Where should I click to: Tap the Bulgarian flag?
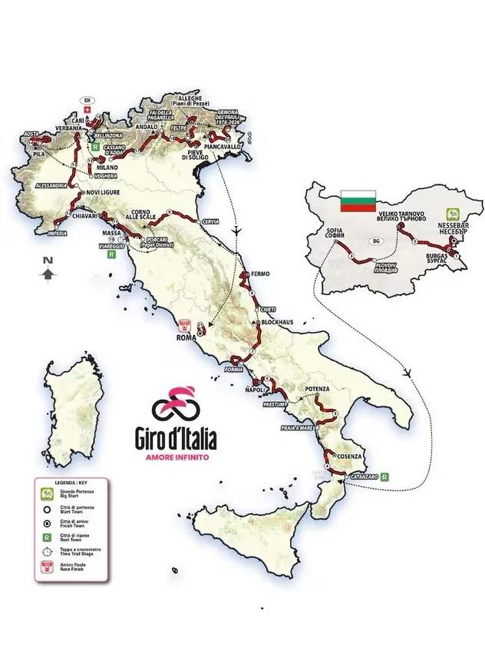click(x=358, y=199)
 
